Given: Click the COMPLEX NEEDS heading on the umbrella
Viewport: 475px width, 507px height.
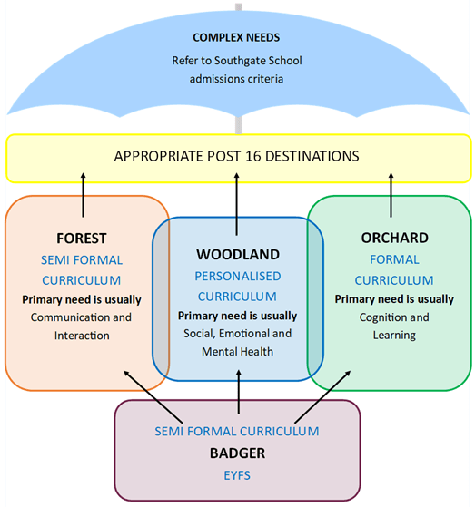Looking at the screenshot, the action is (x=236, y=37).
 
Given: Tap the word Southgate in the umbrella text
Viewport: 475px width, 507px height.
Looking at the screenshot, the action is (x=240, y=61).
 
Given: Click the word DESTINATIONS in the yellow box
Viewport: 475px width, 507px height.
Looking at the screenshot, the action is (x=312, y=156).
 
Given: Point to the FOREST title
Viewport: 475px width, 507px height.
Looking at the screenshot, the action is (x=81, y=239).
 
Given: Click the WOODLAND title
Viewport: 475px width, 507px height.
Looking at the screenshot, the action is (x=238, y=255).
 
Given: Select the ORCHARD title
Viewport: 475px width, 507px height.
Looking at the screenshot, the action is (x=395, y=238).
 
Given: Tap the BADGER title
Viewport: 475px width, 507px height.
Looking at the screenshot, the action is (x=237, y=453).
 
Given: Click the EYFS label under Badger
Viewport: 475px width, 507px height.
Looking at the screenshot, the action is (x=237, y=475).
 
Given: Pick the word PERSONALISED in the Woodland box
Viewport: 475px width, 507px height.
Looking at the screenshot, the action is (x=238, y=276).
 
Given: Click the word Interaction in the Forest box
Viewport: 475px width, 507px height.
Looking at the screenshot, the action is (x=82, y=336).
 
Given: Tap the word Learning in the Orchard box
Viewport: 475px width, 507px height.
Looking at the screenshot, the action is (x=394, y=336).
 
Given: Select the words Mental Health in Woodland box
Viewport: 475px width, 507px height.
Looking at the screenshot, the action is (x=237, y=352).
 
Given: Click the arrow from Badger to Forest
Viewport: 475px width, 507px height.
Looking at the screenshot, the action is (x=153, y=396).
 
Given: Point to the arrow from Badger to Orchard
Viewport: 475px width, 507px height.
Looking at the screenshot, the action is (x=322, y=396).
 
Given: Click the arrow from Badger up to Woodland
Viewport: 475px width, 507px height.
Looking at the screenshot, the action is (x=239, y=392).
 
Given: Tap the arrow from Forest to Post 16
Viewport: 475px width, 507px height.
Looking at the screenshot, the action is (x=84, y=195).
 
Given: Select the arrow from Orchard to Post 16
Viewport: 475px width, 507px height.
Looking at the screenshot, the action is (x=391, y=195).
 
